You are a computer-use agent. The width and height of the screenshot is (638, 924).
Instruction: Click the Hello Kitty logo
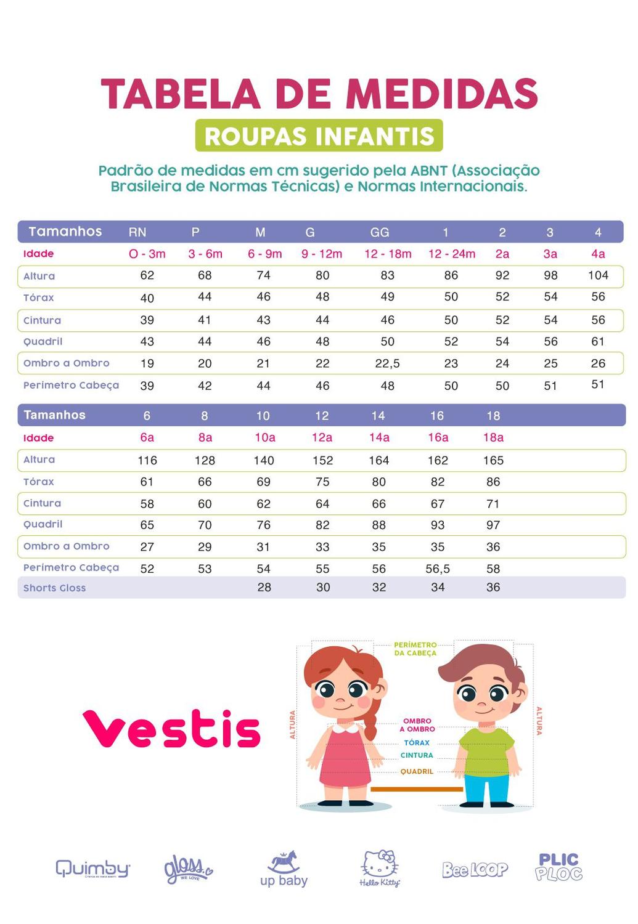tap(380, 869)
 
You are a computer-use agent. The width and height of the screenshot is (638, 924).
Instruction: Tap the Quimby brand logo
tap(93, 869)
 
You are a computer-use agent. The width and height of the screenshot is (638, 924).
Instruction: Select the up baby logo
tap(284, 869)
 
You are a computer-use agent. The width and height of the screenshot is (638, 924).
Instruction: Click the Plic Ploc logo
tap(558, 867)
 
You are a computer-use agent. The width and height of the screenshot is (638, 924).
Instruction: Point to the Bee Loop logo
tap(475, 869)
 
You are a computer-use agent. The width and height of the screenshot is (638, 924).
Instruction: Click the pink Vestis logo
tap(172, 729)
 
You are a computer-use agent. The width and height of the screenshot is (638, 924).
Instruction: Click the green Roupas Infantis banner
tap(319, 136)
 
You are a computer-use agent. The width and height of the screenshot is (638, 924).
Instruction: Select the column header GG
tap(380, 232)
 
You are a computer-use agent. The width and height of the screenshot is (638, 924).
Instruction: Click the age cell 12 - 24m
tap(452, 254)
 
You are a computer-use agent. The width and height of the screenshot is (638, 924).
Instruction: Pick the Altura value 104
tap(598, 275)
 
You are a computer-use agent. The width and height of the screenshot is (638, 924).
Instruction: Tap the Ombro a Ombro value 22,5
tap(387, 363)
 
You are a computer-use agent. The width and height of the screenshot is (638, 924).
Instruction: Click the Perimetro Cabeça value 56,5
tap(438, 569)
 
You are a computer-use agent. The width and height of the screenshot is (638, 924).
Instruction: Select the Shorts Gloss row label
tap(55, 588)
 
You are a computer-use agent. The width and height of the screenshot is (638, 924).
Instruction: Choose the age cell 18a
tap(493, 437)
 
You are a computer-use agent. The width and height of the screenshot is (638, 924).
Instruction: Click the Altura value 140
tap(264, 460)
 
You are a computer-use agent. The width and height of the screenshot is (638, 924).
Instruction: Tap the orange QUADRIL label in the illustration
tap(417, 771)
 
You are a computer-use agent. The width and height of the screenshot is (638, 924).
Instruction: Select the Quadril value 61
tap(598, 341)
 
